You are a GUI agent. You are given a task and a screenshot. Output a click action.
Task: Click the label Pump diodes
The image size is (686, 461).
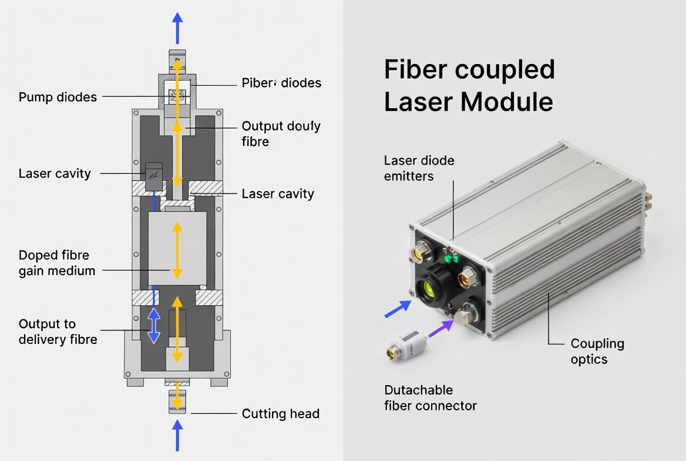58,97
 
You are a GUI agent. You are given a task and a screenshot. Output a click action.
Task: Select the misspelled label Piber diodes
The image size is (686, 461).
281,83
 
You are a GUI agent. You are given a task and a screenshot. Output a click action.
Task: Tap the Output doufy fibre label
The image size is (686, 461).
281,134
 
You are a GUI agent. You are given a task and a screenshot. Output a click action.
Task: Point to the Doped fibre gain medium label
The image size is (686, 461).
56,263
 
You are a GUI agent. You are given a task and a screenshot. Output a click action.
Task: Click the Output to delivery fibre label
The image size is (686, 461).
58,332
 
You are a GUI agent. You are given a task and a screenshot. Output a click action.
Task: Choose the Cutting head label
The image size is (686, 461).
280,414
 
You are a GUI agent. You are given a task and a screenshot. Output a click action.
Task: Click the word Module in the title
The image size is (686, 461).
510,101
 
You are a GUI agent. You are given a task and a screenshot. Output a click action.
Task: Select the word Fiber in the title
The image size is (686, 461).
415,69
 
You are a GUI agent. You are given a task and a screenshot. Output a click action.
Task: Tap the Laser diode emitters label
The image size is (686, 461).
419,168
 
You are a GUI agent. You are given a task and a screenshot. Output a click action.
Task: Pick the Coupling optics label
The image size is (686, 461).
597,351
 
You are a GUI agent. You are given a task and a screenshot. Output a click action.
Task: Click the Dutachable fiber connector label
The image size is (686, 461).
430,398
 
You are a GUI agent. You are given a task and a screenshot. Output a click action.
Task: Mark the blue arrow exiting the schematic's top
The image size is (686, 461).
177,26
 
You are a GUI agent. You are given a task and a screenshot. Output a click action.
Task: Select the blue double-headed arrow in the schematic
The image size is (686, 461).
153,325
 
